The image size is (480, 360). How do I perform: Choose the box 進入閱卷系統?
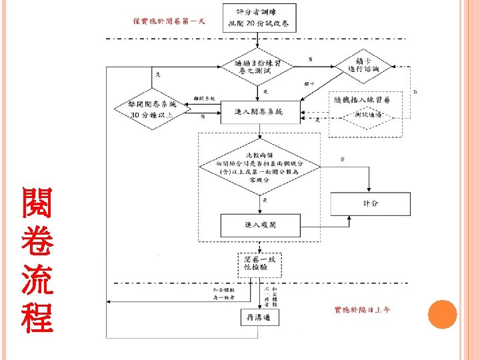coord(260,111)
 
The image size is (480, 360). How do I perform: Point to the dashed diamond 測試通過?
coord(368,115)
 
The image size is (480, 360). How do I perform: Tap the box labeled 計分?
coord(370,203)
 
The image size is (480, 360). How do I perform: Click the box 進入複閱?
coord(260,225)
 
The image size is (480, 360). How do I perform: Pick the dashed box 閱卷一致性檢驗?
coord(259,265)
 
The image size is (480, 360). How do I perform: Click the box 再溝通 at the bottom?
coord(259,319)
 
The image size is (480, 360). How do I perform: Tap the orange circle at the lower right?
coord(441,313)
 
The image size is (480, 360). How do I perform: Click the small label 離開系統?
coord(203,99)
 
